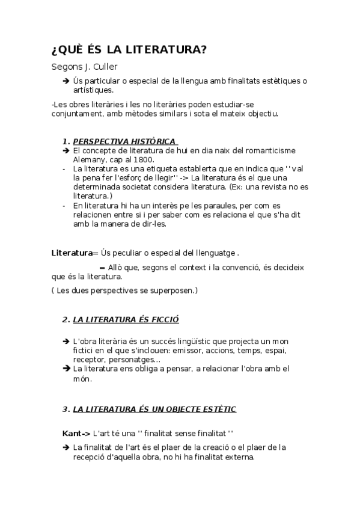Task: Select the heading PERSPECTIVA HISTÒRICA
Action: click(x=124, y=141)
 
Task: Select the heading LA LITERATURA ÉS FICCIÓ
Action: click(x=126, y=319)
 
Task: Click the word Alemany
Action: click(x=89, y=159)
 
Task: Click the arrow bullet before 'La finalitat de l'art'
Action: click(x=66, y=447)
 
